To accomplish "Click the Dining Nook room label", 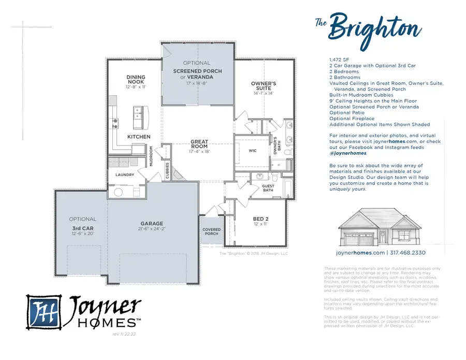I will coord(136,80).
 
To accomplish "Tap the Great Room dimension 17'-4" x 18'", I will coord(199,152).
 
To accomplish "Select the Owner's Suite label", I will coord(264,85).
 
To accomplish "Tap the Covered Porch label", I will coord(211,232).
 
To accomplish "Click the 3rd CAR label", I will coord(82,228).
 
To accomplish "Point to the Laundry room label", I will coord(125,175).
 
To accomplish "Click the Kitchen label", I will coord(139,137).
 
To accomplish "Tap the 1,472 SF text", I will coord(339,60).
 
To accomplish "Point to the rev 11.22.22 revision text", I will coord(124,335).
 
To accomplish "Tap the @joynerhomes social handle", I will coord(348,153).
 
